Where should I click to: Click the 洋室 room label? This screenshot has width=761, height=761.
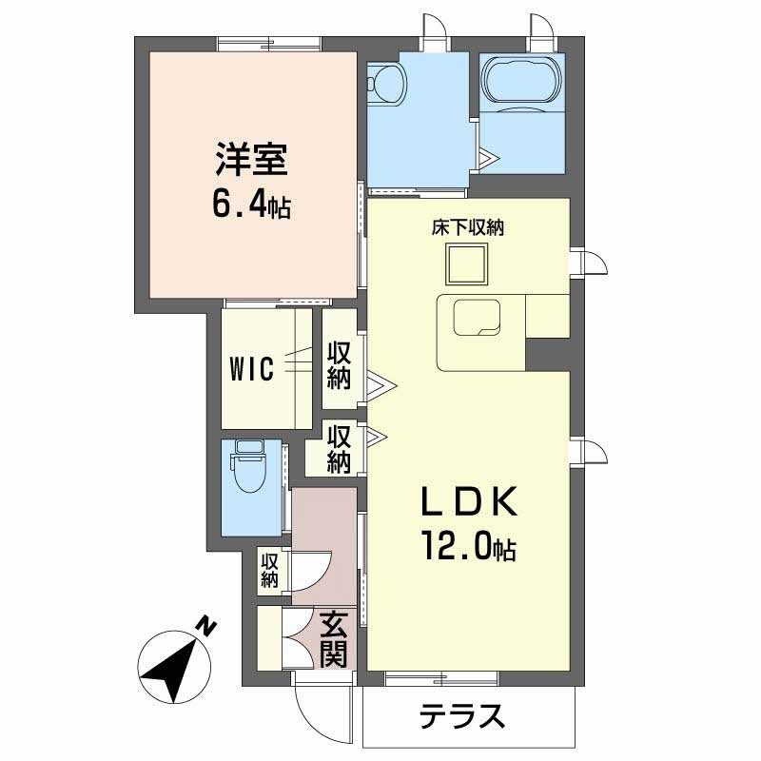pos(250,160)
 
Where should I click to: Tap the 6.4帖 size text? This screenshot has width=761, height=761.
pos(250,205)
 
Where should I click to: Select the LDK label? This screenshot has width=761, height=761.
pos(468,501)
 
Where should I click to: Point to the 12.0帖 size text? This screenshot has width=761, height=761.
pos(468,546)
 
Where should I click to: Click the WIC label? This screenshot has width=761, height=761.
pos(251,367)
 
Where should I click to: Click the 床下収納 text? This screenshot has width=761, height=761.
pos(468,228)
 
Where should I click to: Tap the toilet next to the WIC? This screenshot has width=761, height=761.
pos(250,473)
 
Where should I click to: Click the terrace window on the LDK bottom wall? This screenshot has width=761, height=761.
pos(441,678)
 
